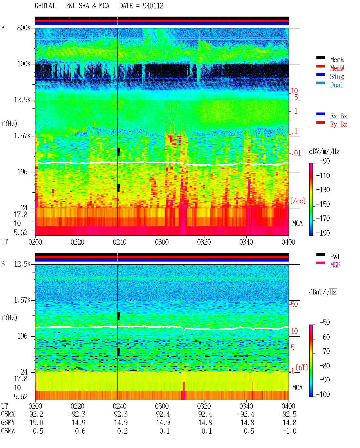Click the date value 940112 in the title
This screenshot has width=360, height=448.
[153, 6]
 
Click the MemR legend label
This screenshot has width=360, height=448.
[337, 60]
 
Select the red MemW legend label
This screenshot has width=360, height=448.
[337, 68]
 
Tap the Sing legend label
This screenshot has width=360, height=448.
[337, 76]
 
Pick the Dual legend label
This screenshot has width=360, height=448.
[337, 85]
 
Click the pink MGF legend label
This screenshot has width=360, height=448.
[335, 265]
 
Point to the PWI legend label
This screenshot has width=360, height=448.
[335, 256]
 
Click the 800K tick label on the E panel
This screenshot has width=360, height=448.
[24, 28]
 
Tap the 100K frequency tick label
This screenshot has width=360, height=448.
[24, 64]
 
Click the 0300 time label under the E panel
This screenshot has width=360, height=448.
[162, 242]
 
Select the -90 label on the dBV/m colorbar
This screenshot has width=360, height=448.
[325, 161]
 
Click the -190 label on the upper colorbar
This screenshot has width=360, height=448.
[323, 233]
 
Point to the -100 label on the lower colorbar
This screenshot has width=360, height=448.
[323, 394]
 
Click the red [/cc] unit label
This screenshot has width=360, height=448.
[298, 201]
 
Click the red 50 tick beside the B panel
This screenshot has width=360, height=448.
[294, 304]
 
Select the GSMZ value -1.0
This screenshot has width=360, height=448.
[289, 431]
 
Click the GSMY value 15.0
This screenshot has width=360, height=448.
[37, 423]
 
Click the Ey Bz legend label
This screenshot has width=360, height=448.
[339, 125]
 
